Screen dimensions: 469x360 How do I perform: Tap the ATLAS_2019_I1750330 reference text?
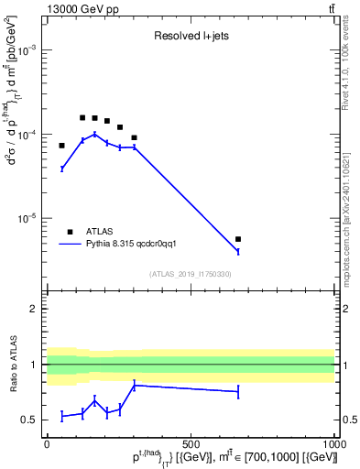click(x=191, y=273)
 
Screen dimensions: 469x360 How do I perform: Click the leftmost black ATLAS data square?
click(x=62, y=146)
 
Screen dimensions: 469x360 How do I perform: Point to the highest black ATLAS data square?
click(x=82, y=117)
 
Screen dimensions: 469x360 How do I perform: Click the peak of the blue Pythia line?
click(x=94, y=134)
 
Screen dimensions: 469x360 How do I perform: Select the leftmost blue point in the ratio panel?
click(x=62, y=416)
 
